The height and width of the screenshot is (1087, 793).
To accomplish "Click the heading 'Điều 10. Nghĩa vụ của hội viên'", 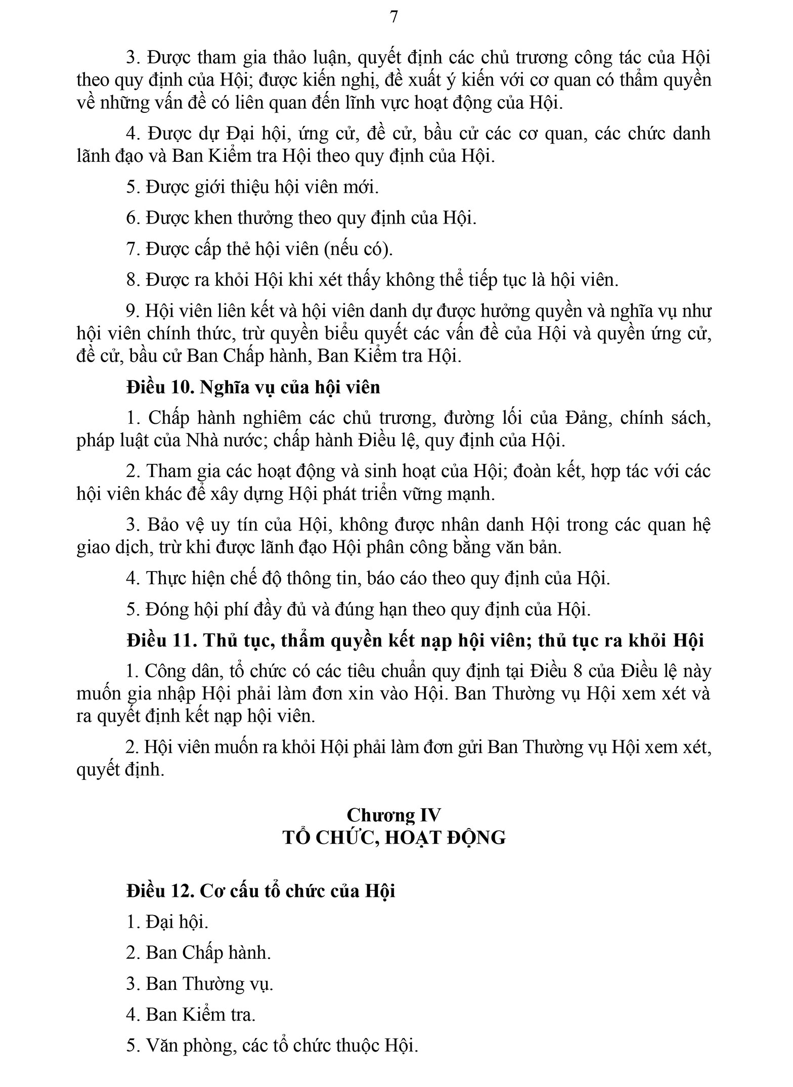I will coord(253,387).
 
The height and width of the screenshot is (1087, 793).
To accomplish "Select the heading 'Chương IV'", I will coord(393,815).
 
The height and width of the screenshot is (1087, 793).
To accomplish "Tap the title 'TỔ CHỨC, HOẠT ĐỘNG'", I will coord(394,838).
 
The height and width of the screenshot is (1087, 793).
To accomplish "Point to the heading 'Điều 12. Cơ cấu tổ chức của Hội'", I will coord(260,891).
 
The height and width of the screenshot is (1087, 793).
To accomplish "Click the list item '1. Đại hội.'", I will coord(167,922).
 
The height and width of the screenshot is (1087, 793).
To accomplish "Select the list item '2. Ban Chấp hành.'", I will coord(199,953).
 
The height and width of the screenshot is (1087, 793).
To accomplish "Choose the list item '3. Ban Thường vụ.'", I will coord(200,984).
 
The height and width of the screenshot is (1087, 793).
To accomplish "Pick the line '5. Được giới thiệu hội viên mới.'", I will coord(252,187).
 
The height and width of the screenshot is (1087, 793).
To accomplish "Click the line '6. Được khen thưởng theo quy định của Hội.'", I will coord(301,218).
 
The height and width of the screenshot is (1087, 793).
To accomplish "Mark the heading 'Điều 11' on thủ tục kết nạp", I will coord(415,641).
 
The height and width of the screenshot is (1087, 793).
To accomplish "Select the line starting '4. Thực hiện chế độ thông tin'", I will coord(368,578).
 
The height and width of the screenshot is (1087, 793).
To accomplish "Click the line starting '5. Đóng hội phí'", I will coord(359,610).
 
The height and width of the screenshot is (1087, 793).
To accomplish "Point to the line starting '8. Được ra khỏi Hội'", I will coord(372,280).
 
